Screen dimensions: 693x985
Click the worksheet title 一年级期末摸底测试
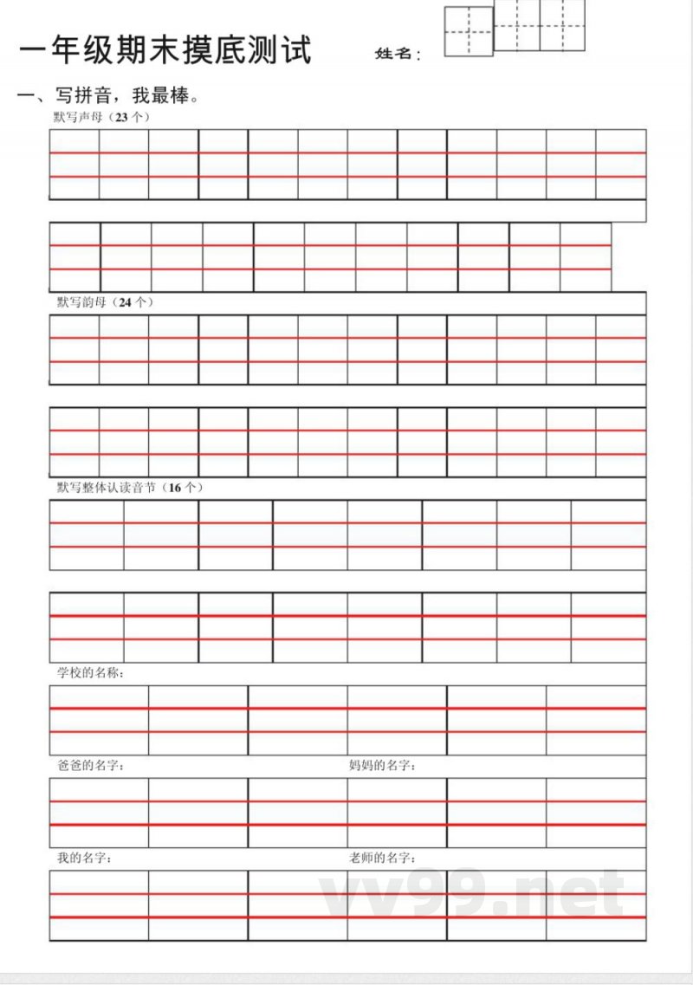pyautogui.click(x=165, y=50)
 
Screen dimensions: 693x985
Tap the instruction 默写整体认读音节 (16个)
pyautogui.click(x=130, y=488)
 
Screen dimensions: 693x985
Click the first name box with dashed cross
pyautogui.click(x=469, y=32)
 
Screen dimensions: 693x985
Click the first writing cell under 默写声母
pyautogui.click(x=74, y=165)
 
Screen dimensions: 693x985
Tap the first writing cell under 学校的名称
pyautogui.click(x=99, y=720)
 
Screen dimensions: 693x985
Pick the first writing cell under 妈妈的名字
pyautogui.click(x=397, y=813)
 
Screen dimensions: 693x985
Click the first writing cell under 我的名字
pyautogui.click(x=99, y=905)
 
